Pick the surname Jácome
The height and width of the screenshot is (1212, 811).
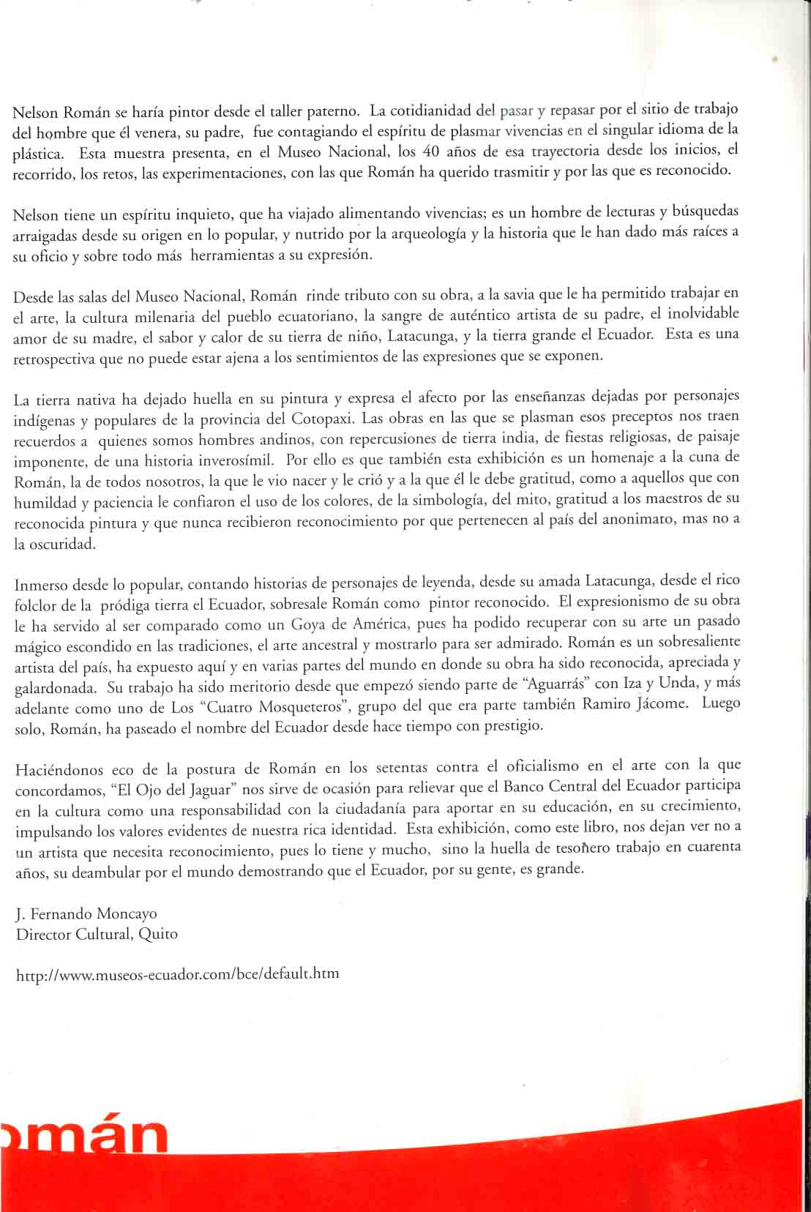coord(662,704)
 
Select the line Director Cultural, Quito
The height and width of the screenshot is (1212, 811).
coord(96,934)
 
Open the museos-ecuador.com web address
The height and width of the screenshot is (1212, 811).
coord(177,974)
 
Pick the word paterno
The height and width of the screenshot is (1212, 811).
coord(332,112)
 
